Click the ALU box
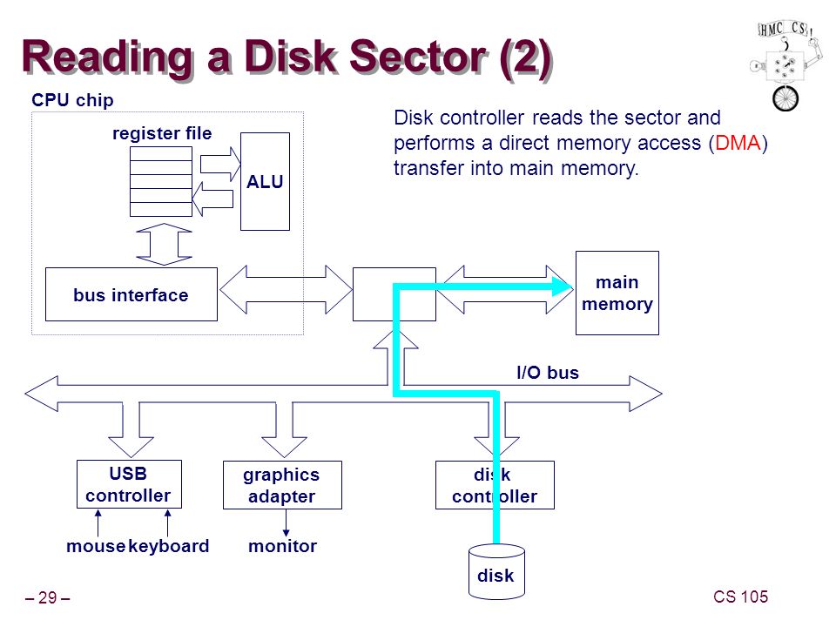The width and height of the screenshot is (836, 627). [x=265, y=181]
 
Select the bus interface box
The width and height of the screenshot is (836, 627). [x=131, y=294]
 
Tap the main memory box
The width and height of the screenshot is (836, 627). [x=617, y=293]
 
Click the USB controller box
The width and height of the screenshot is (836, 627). [x=129, y=484]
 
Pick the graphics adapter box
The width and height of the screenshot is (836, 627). [x=282, y=485]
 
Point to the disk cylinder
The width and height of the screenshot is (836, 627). [x=496, y=571]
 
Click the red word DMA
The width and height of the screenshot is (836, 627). [x=738, y=143]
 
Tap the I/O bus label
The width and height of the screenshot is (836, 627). [x=548, y=372]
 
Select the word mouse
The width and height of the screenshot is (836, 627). [x=96, y=546]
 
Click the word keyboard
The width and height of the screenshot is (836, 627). [x=168, y=546]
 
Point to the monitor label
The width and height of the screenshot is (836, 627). [x=282, y=546]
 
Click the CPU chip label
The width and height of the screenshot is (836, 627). [x=72, y=99]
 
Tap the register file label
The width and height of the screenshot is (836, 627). [x=162, y=132]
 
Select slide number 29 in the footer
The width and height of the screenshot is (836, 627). [x=47, y=597]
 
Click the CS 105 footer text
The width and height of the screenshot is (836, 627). [x=740, y=597]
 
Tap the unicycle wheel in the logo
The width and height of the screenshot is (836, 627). [x=785, y=98]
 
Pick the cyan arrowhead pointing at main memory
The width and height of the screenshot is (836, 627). [x=562, y=287]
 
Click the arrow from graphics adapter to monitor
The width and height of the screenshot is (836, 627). [x=286, y=522]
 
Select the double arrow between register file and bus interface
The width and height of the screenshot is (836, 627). [x=165, y=244]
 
